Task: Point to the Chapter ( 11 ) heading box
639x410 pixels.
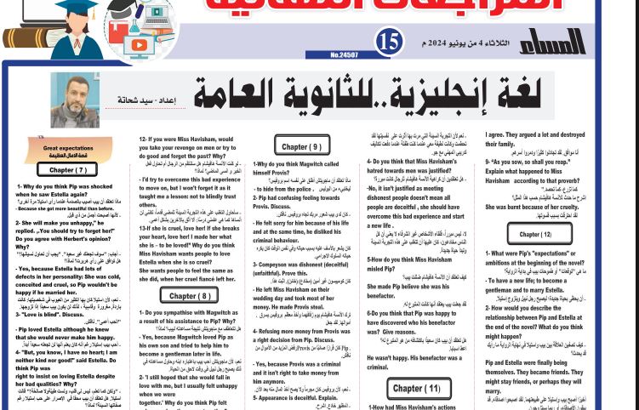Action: click(x=416, y=389)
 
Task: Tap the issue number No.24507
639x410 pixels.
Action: click(x=345, y=55)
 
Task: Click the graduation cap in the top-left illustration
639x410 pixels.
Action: click(x=51, y=8)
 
